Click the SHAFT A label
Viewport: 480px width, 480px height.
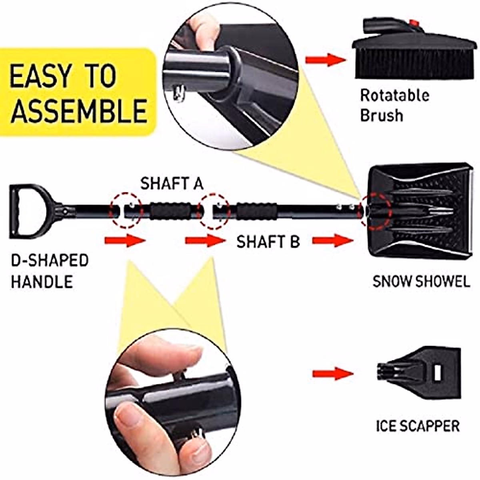tap(172, 184)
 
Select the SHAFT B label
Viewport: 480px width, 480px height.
tap(268, 242)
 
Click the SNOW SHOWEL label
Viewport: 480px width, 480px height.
tap(421, 281)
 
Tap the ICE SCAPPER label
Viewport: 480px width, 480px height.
tap(418, 425)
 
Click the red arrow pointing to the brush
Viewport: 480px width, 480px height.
tap(325, 60)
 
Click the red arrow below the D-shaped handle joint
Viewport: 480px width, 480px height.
tap(124, 241)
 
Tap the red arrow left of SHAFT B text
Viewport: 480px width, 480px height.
tap(205, 241)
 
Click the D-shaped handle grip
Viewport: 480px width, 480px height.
tap(18, 210)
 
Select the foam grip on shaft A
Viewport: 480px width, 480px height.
tap(171, 211)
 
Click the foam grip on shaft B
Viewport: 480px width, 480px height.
tap(256, 211)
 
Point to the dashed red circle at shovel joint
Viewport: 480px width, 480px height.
tap(375, 211)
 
